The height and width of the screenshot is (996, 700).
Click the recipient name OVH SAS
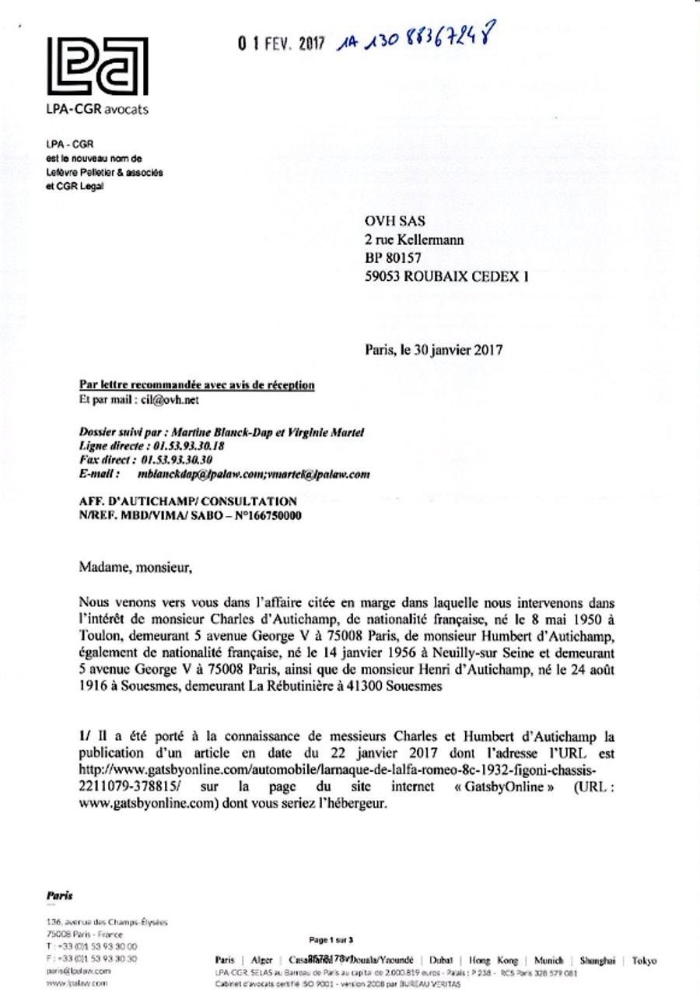392,223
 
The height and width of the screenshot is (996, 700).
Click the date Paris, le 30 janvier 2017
434,349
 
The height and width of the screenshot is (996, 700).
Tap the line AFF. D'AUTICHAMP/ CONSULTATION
188,502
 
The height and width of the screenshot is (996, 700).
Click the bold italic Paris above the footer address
61,896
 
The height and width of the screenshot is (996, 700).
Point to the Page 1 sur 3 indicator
331,940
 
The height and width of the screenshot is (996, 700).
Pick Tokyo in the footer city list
643,961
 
